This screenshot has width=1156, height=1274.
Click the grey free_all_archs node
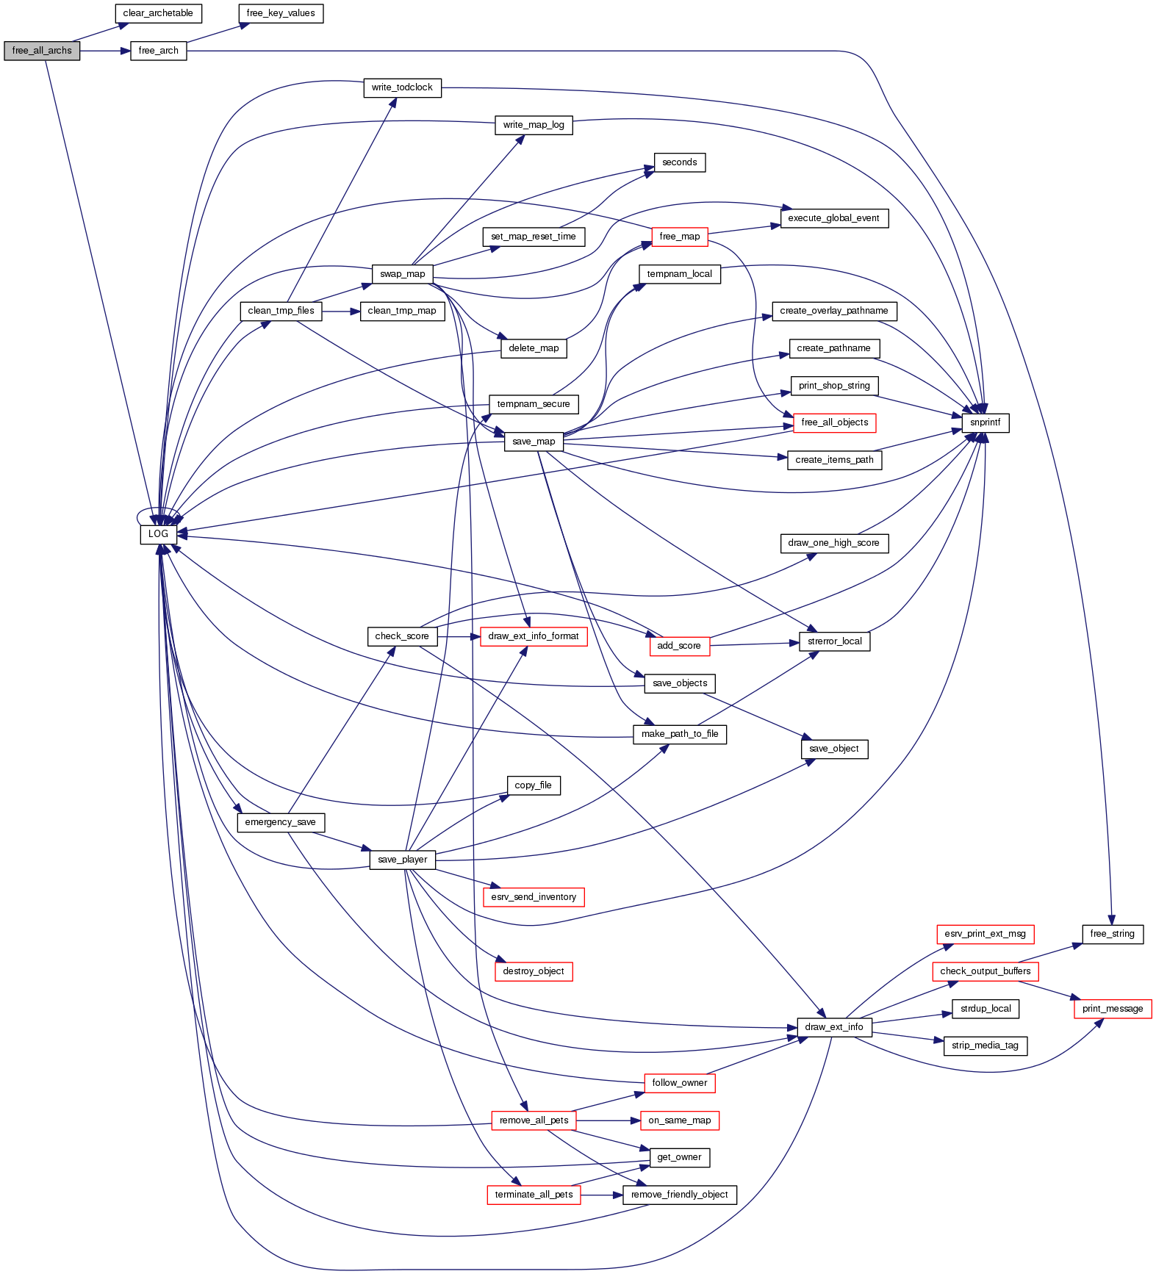point(42,51)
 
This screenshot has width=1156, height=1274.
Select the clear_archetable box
point(158,13)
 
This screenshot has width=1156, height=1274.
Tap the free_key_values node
point(281,13)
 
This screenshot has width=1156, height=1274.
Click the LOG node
point(158,534)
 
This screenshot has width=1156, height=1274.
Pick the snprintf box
point(985,422)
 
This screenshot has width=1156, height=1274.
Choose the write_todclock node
point(402,87)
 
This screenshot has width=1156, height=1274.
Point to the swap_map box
point(402,274)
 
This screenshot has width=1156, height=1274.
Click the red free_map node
point(679,237)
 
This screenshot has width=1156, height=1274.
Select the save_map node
point(534,442)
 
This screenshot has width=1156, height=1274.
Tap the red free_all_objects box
point(834,422)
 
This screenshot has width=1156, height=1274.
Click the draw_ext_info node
point(834,1027)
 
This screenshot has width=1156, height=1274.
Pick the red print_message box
point(1112,1009)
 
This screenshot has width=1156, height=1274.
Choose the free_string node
point(1112,934)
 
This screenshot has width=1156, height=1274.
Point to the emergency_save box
point(280,822)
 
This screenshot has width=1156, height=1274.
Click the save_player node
point(402,860)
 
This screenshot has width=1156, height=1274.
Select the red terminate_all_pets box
point(534,1195)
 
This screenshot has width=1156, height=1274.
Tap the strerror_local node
point(834,641)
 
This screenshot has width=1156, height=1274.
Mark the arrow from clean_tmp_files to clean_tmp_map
point(340,312)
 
